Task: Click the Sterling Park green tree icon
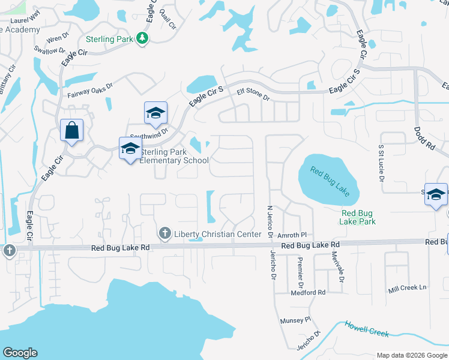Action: pyautogui.click(x=142, y=38)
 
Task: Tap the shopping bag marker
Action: pyautogui.click(x=72, y=130)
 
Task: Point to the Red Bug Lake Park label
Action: pyautogui.click(x=358, y=217)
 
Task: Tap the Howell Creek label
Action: pyautogui.click(x=367, y=329)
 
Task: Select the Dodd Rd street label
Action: pyautogui.click(x=424, y=137)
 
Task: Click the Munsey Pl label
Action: pyautogui.click(x=295, y=320)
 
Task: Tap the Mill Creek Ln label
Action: pyautogui.click(x=407, y=287)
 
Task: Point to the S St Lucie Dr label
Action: pyautogui.click(x=381, y=163)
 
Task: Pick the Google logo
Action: pyautogui.click(x=20, y=353)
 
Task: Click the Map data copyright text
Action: pyautogui.click(x=411, y=355)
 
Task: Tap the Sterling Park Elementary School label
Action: pyautogui.click(x=173, y=156)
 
